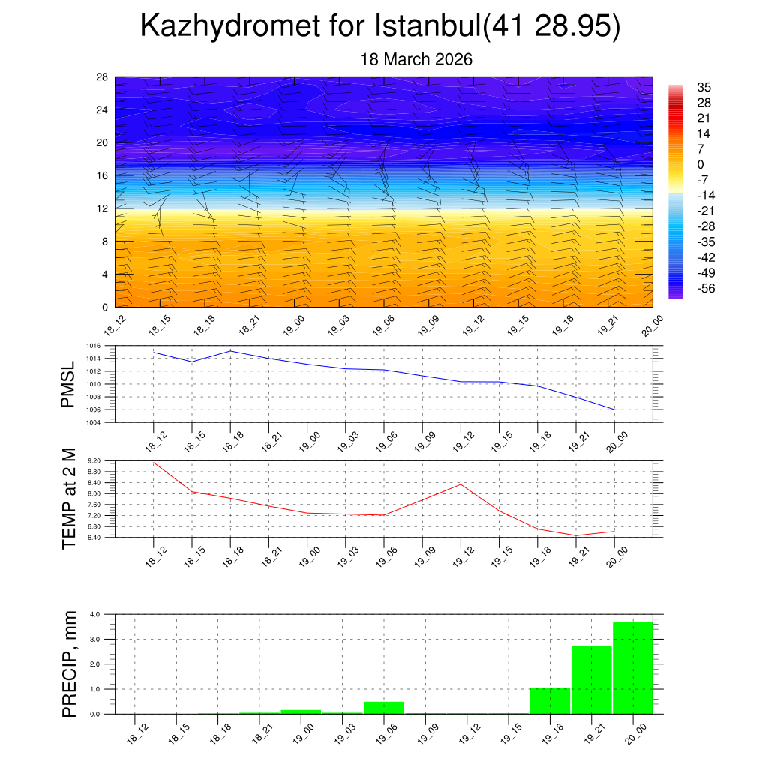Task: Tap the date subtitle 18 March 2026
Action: (x=416, y=59)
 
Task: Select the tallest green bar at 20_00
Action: (x=632, y=667)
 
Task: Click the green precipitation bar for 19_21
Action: (x=591, y=679)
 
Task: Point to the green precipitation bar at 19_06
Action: (x=384, y=707)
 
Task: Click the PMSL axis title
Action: (x=68, y=385)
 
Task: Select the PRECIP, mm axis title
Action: (x=70, y=663)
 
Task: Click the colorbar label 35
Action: (x=703, y=87)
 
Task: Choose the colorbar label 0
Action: (x=700, y=164)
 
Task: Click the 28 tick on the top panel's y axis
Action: (x=102, y=77)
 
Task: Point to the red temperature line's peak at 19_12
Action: (x=461, y=484)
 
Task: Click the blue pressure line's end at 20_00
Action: (x=615, y=409)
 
